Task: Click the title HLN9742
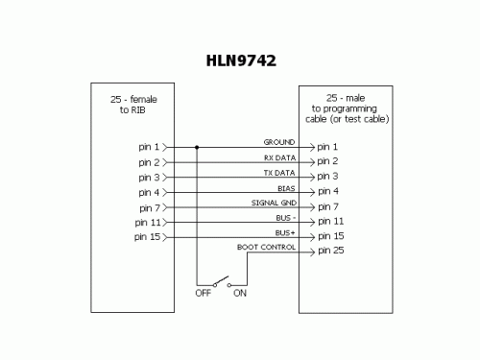[241, 61]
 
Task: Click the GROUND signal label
[278, 142]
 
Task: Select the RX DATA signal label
[278, 157]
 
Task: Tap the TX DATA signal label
[278, 172]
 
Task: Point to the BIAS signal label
[285, 188]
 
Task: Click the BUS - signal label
[284, 218]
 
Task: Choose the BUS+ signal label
[284, 232]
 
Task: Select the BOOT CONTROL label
[266, 248]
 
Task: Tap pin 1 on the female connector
[150, 148]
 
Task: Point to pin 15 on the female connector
[148, 236]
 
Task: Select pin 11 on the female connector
[148, 222]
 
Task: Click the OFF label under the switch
[203, 294]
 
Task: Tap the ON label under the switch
[239, 294]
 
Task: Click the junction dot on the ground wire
[197, 148]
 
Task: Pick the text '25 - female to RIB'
[119, 104]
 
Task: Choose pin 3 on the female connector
[150, 178]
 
